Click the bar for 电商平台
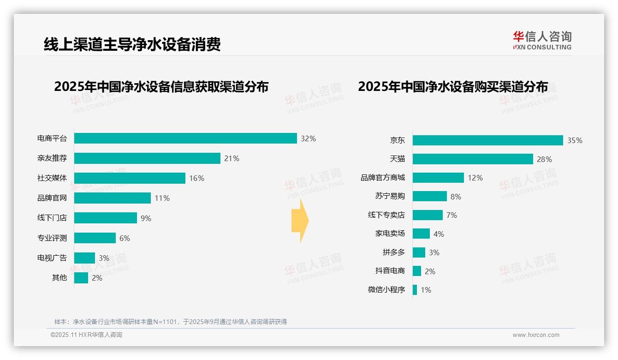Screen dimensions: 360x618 [185, 138]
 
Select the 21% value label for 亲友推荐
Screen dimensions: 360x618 [232, 158]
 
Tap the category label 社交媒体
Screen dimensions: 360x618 [52, 178]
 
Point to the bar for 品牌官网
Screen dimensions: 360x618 [113, 198]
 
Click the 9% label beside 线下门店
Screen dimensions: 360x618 [146, 218]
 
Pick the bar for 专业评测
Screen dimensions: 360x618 [95, 238]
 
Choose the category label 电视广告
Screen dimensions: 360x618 [52, 258]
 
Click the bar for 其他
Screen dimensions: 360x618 [81, 278]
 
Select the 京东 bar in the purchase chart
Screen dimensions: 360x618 [487, 140]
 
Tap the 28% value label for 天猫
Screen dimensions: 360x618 [544, 159]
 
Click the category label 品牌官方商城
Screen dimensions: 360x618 [383, 178]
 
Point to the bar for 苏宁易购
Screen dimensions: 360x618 [429, 196]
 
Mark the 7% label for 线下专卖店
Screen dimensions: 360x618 [452, 215]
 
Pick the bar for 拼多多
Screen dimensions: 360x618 [419, 252]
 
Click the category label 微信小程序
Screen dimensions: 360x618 [386, 290]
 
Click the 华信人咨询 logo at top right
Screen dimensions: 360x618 [542, 40]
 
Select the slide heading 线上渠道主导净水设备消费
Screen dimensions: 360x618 [132, 44]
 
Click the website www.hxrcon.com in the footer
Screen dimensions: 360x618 [536, 335]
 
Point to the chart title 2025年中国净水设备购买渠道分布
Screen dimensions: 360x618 [453, 87]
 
